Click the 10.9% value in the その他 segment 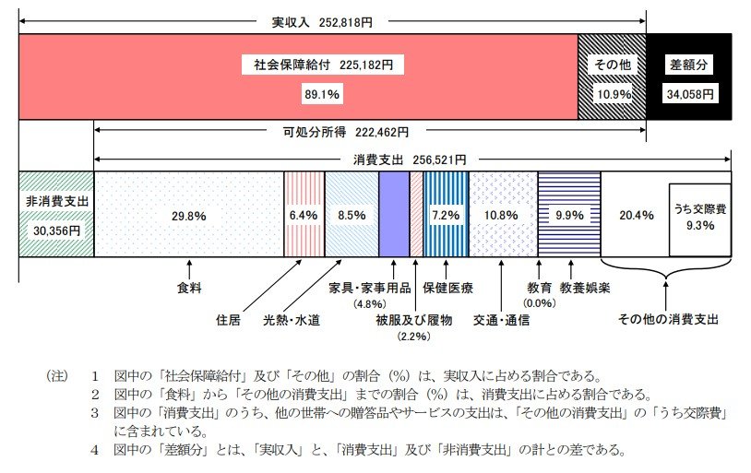coord(612,94)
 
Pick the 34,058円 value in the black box coord(689,94)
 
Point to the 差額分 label coord(689,66)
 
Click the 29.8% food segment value coord(188,215)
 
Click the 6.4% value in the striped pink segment coord(303,215)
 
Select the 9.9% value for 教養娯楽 coord(568,215)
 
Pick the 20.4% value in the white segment coord(635,215)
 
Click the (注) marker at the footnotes coord(57,376)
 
